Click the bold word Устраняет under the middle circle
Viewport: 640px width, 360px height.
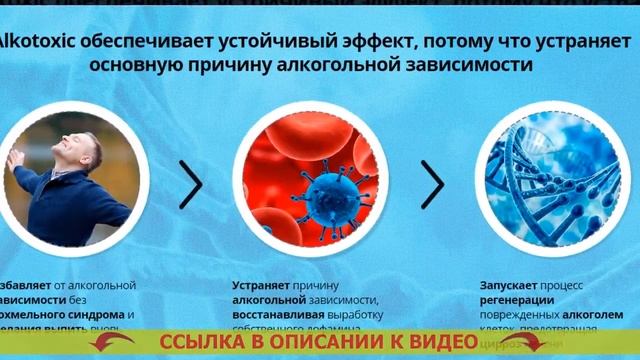point(264,285)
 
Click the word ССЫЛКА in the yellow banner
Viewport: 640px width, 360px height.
point(196,342)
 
